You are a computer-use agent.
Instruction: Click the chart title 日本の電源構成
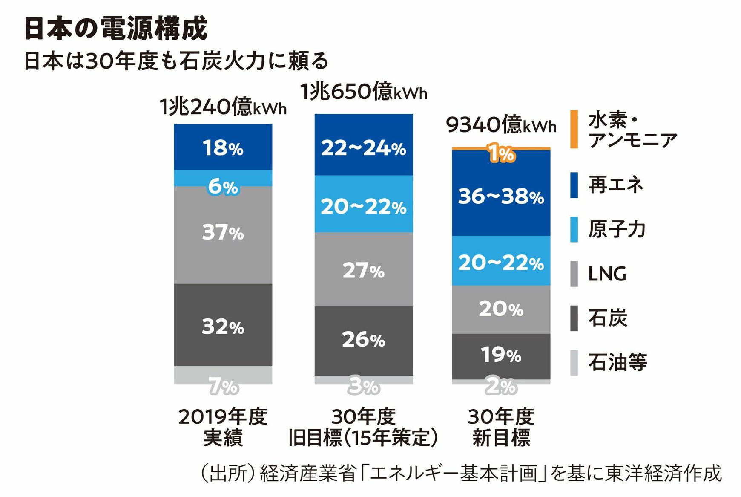pos(116,29)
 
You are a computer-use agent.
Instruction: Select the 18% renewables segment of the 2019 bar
pos(223,148)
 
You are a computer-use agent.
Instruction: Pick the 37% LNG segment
pos(223,233)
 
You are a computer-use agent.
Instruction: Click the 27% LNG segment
pos(363,270)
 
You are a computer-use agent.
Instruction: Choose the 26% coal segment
pos(363,340)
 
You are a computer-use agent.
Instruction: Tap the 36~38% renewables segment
pos(501,196)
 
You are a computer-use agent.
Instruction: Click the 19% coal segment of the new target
pos(501,355)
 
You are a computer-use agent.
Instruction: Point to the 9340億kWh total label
pos(501,125)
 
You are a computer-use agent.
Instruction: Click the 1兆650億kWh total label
pos(363,92)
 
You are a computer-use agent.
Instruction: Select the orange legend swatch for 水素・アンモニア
pos(574,129)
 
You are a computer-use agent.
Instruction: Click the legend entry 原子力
pos(617,229)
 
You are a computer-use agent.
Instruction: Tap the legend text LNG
pos(607,274)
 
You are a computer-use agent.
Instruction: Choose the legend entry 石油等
pos(617,362)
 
